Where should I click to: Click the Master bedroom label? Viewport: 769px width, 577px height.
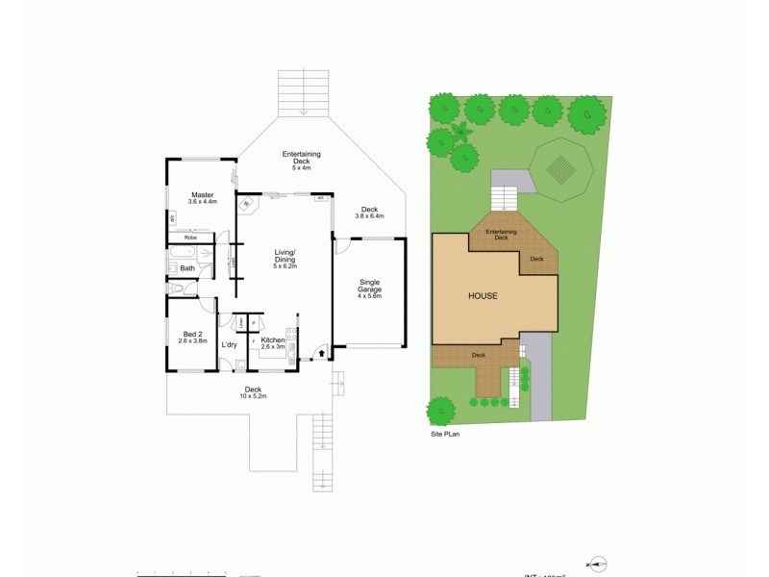click(x=202, y=194)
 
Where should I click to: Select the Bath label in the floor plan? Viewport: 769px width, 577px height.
click(x=186, y=267)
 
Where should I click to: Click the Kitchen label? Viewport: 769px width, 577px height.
click(x=272, y=340)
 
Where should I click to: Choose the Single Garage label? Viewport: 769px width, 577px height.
click(x=370, y=286)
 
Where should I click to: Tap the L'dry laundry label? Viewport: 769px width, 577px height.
click(x=229, y=344)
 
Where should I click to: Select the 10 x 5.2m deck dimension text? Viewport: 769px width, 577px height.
click(x=253, y=395)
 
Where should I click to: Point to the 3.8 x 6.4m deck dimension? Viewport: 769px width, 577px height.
click(x=369, y=216)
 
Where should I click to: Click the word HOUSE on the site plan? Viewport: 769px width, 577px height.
click(x=483, y=295)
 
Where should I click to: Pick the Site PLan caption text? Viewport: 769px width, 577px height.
click(x=448, y=434)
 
